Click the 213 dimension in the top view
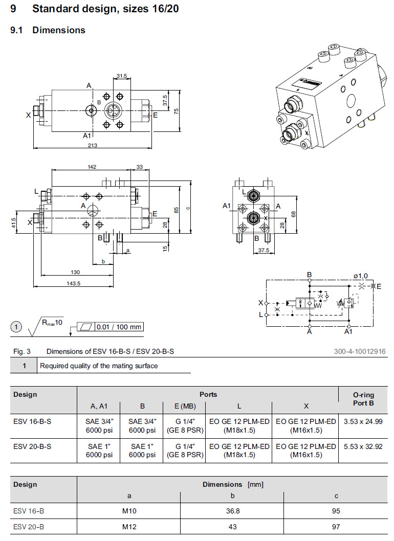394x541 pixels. point(93,145)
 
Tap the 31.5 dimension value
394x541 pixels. point(121,76)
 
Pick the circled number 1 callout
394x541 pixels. point(17,327)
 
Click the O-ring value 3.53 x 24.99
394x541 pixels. point(363,421)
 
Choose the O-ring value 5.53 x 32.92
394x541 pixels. point(363,446)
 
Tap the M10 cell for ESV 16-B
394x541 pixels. point(128,510)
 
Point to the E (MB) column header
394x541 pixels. point(184,406)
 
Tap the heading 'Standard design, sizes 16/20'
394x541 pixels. point(105,9)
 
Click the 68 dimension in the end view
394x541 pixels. point(293,214)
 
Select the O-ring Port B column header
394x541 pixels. point(363,398)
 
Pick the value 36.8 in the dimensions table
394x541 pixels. point(232,510)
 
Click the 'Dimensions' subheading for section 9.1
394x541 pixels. point(58,30)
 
